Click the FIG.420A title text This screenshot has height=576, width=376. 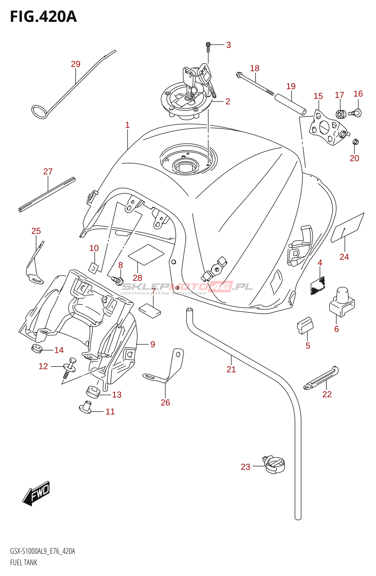(43, 17)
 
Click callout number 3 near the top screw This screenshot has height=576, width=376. (228, 45)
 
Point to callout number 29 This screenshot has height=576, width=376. (76, 64)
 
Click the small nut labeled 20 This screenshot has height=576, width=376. (355, 141)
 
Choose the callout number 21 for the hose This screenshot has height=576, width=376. (231, 369)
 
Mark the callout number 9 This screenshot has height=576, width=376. (153, 345)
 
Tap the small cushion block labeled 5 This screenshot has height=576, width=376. (305, 325)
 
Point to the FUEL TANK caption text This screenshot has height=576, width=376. (24, 562)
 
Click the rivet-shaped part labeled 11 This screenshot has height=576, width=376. (85, 407)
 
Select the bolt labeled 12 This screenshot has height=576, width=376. (70, 367)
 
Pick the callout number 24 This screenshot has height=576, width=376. (344, 257)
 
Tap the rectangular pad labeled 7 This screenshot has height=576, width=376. (149, 310)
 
